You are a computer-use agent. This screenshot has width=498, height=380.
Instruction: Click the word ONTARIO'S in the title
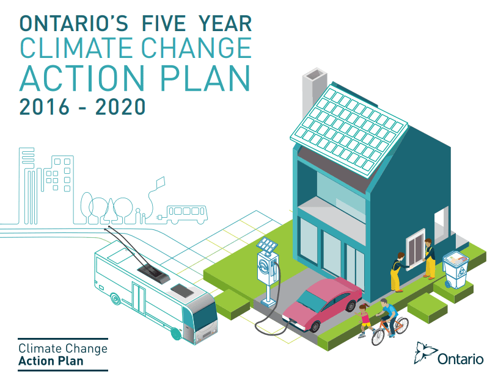click(74, 23)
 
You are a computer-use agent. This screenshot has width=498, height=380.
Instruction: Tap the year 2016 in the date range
click(44, 107)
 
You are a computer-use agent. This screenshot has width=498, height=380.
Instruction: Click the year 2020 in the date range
click(120, 107)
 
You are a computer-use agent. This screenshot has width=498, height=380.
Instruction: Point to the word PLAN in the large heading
click(205, 78)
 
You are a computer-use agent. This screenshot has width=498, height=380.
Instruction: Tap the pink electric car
click(322, 304)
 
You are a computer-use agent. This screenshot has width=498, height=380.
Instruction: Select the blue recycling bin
click(456, 270)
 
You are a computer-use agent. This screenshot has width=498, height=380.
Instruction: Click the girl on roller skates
click(364, 320)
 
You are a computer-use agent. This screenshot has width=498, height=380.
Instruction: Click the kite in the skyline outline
click(160, 182)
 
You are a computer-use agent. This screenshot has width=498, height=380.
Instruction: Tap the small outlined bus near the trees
click(187, 214)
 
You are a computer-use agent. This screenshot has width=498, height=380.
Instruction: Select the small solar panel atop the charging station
click(267, 244)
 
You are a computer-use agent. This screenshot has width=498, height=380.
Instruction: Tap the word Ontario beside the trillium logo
click(461, 359)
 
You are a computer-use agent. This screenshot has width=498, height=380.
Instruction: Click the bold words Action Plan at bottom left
click(51, 361)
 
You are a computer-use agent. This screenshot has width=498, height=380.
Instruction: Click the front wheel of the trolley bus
click(175, 334)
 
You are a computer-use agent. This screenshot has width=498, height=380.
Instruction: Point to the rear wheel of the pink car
click(351, 306)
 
